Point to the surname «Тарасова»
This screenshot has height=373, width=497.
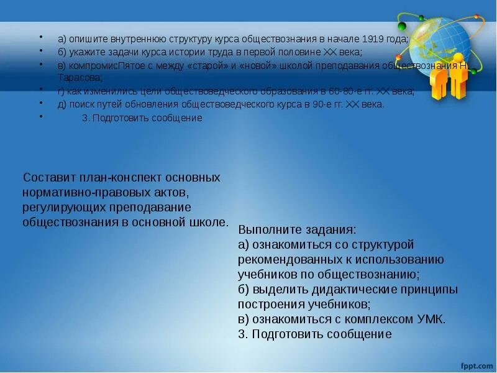click(x=78, y=78)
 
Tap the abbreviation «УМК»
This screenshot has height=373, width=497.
click(x=429, y=319)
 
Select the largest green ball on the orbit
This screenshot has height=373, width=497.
click(x=402, y=26)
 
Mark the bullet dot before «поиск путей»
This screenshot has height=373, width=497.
click(x=41, y=104)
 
